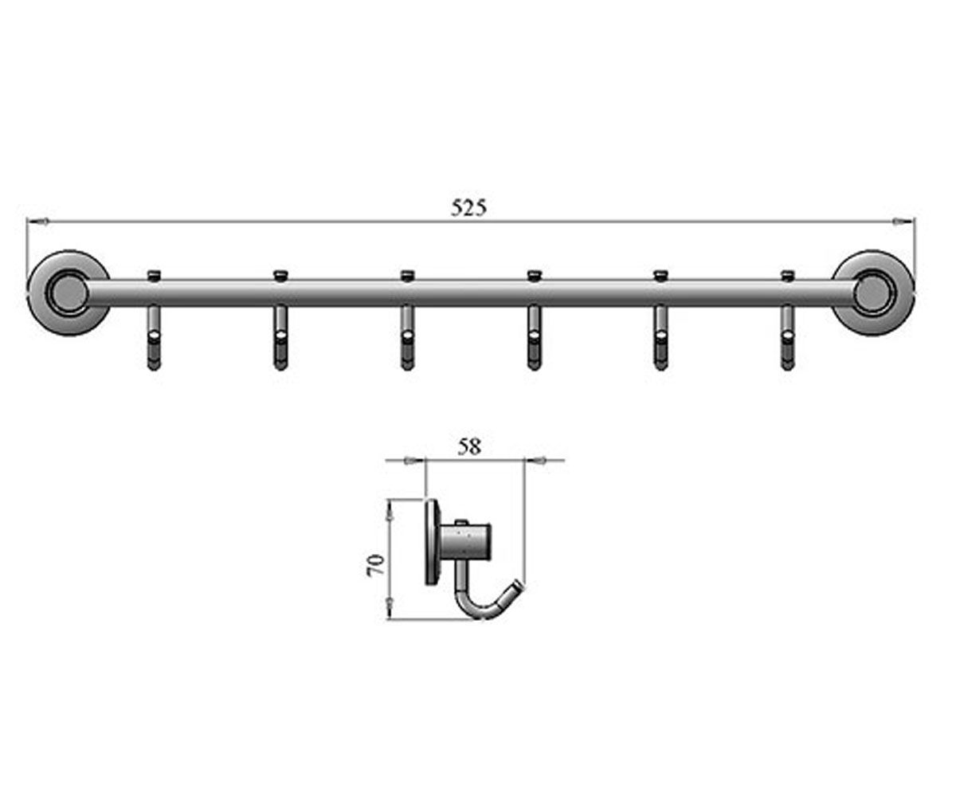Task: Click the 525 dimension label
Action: (x=469, y=208)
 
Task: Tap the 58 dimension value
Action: (x=469, y=446)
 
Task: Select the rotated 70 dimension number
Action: (x=375, y=565)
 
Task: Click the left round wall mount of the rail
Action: (x=69, y=293)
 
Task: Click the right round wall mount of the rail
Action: (x=873, y=293)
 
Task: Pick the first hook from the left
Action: (x=155, y=338)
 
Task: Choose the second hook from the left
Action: (x=280, y=338)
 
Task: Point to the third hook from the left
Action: (x=407, y=338)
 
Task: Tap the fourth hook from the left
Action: (x=534, y=338)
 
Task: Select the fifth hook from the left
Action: (x=660, y=338)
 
